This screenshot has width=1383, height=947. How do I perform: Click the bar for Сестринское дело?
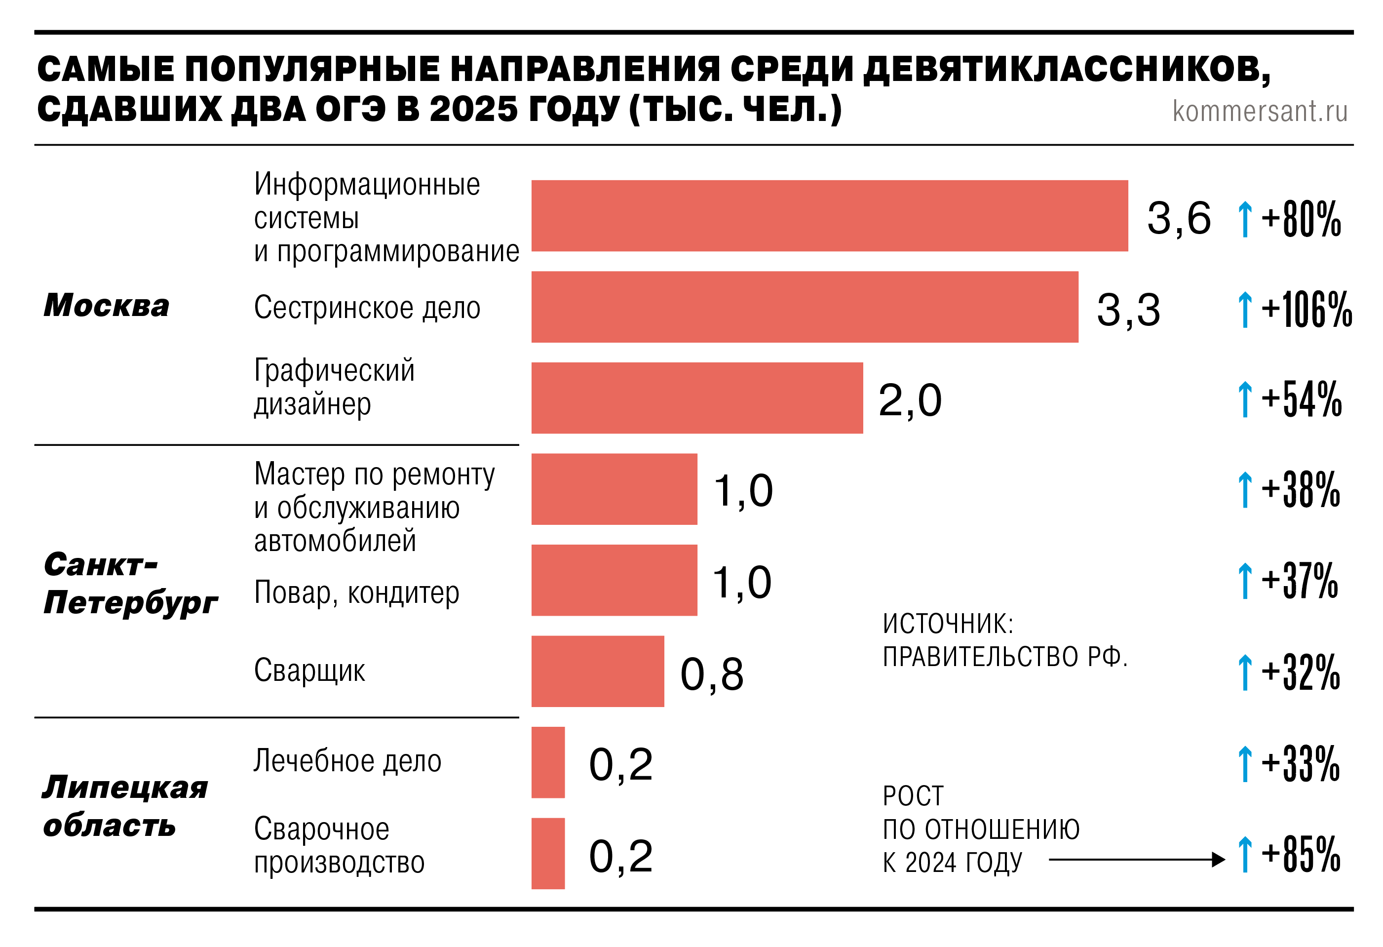click(805, 307)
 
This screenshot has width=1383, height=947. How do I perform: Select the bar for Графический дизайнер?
click(697, 398)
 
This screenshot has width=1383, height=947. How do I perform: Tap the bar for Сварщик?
click(598, 671)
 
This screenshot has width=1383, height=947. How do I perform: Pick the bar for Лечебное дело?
click(547, 762)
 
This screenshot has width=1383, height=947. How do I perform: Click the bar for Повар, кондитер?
click(614, 580)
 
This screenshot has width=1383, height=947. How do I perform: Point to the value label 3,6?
click(1178, 218)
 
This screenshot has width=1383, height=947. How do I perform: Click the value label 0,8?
click(712, 674)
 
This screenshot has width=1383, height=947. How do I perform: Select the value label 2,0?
click(910, 400)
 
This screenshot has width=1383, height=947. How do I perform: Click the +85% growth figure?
click(1301, 855)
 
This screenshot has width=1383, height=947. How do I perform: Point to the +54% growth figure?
click(1302, 399)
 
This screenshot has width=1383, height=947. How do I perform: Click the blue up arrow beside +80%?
click(1244, 219)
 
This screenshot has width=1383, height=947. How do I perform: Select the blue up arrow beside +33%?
click(1244, 764)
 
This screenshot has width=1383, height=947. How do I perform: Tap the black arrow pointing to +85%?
click(1137, 860)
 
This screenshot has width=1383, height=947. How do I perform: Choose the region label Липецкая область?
click(125, 806)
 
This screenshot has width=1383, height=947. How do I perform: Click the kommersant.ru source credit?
click(1259, 111)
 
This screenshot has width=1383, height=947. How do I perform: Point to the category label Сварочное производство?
click(339, 846)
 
